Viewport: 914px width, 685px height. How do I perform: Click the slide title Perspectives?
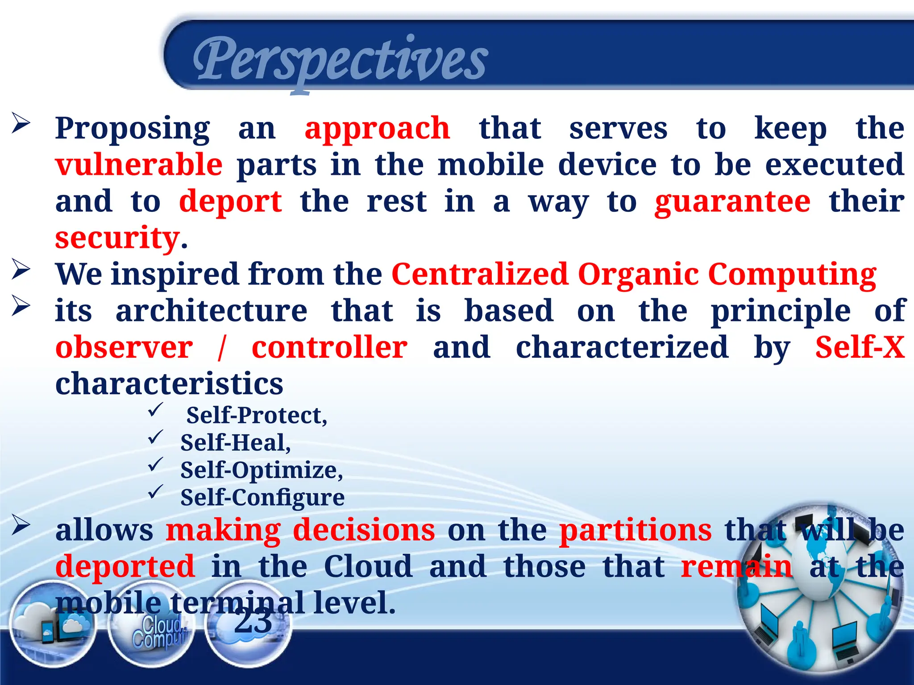coord(340,60)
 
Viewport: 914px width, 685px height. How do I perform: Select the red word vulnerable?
coord(139,165)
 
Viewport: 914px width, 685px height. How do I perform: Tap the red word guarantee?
coord(732,202)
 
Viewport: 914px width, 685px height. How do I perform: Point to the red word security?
coord(117,238)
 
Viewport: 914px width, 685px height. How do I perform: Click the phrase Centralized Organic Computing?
coord(634,274)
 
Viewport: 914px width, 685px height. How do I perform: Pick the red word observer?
coord(124,347)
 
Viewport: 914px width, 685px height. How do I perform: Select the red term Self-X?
coord(860,347)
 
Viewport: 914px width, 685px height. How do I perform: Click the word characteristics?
coord(169,384)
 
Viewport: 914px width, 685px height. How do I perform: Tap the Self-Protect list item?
coord(257,415)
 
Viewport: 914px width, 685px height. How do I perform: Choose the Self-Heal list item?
coord(235,443)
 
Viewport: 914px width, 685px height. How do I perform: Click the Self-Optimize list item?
coord(262,470)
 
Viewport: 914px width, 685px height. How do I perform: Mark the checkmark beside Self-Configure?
coord(156,492)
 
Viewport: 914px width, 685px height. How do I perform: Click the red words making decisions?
coord(300,530)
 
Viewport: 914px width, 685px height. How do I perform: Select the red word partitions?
coord(636,530)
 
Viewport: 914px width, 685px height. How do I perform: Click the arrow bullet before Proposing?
coord(21,123)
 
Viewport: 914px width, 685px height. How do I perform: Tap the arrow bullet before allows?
coord(21,525)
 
